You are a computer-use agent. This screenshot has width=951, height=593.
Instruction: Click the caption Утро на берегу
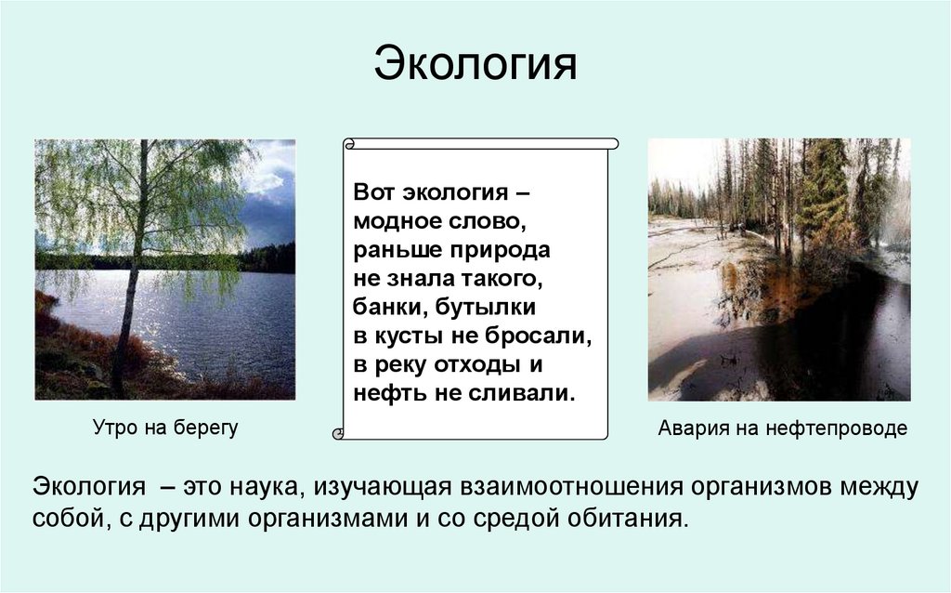(x=164, y=428)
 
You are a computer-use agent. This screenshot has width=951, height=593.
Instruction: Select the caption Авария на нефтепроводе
(x=782, y=428)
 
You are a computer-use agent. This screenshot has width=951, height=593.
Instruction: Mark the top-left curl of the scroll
(x=348, y=143)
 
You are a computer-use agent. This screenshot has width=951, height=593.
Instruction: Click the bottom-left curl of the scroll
(x=339, y=433)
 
